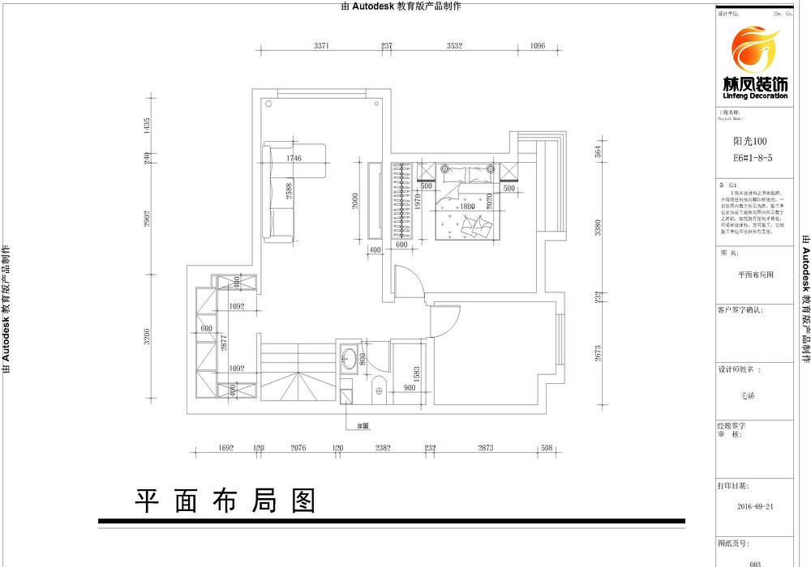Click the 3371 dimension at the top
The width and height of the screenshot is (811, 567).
[321, 46]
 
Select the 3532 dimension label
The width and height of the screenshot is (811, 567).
[454, 46]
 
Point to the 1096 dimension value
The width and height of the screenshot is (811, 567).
[537, 46]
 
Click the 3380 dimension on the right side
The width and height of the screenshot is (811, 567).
[598, 229]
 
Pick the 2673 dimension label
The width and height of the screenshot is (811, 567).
[598, 353]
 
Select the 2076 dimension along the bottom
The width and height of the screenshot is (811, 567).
[298, 447]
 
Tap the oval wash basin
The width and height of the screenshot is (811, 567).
[350, 357]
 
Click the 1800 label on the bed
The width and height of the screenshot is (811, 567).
[466, 207]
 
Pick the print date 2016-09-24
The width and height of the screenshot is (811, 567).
[756, 507]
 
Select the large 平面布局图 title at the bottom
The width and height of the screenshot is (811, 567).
[225, 501]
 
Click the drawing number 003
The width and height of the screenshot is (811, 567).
[756, 561]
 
